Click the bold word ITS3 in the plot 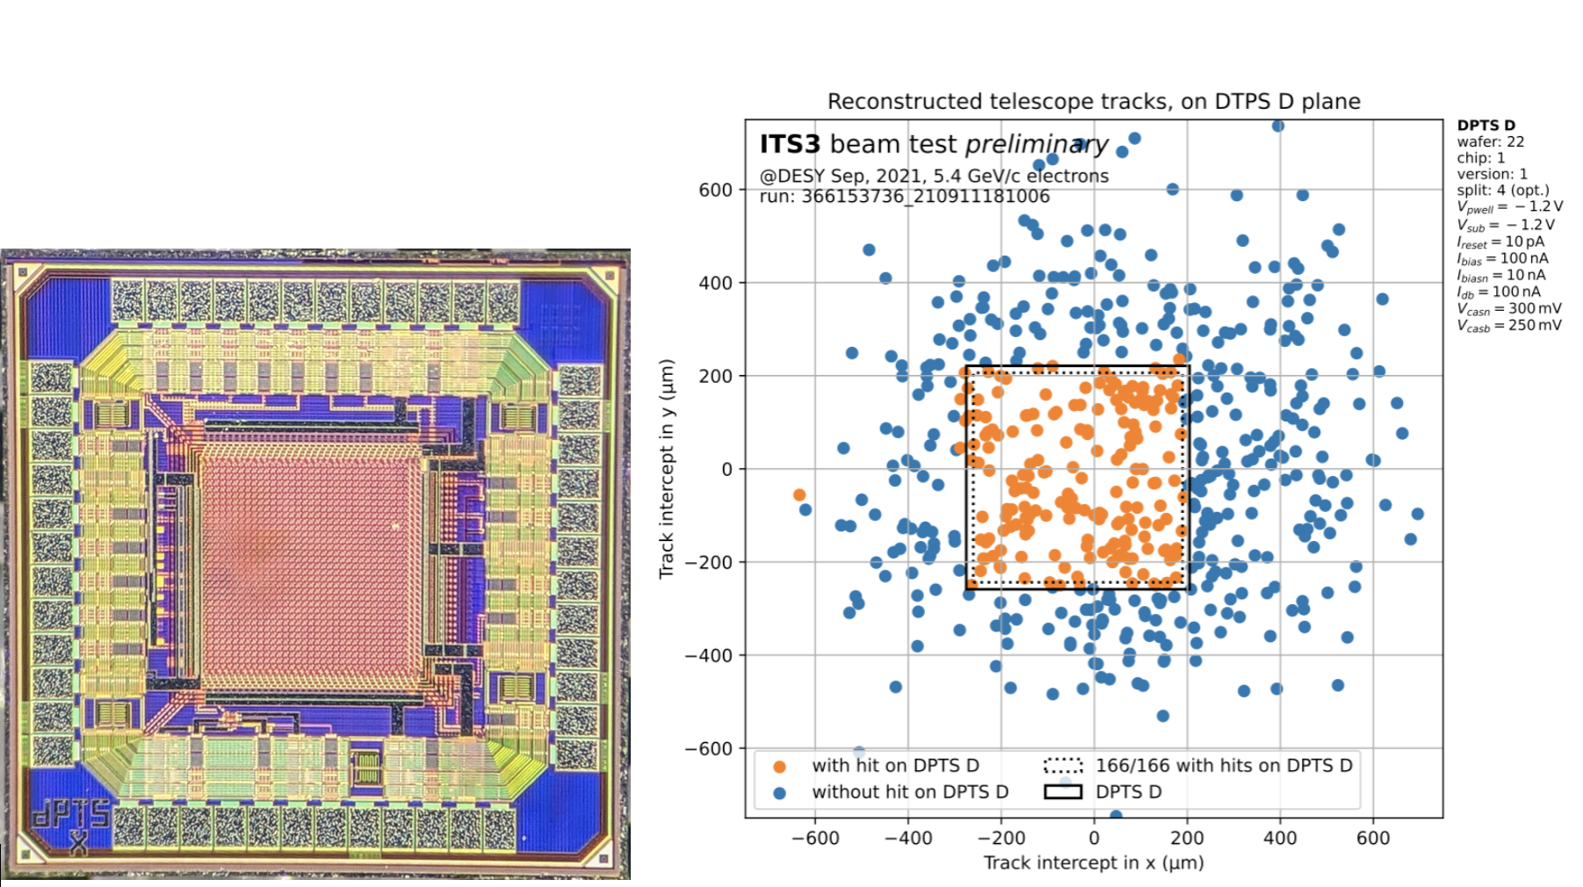pyautogui.click(x=790, y=144)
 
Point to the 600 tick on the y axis pyautogui.click(x=716, y=190)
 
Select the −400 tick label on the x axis pyautogui.click(x=908, y=838)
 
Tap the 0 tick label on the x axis pyautogui.click(x=1094, y=838)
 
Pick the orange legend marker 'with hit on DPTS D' pyautogui.click(x=779, y=767)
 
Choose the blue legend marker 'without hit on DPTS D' pyautogui.click(x=779, y=793)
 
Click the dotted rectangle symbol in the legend pyautogui.click(x=1063, y=766)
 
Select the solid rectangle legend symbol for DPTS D pyautogui.click(x=1063, y=792)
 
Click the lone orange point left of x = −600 pyautogui.click(x=799, y=495)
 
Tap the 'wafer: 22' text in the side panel pyautogui.click(x=1491, y=141)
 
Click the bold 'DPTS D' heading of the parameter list pyautogui.click(x=1486, y=126)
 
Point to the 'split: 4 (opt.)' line pyautogui.click(x=1503, y=191)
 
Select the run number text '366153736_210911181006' pyautogui.click(x=926, y=197)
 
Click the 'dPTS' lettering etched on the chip pyautogui.click(x=71, y=814)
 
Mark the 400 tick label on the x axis pyautogui.click(x=1280, y=838)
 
